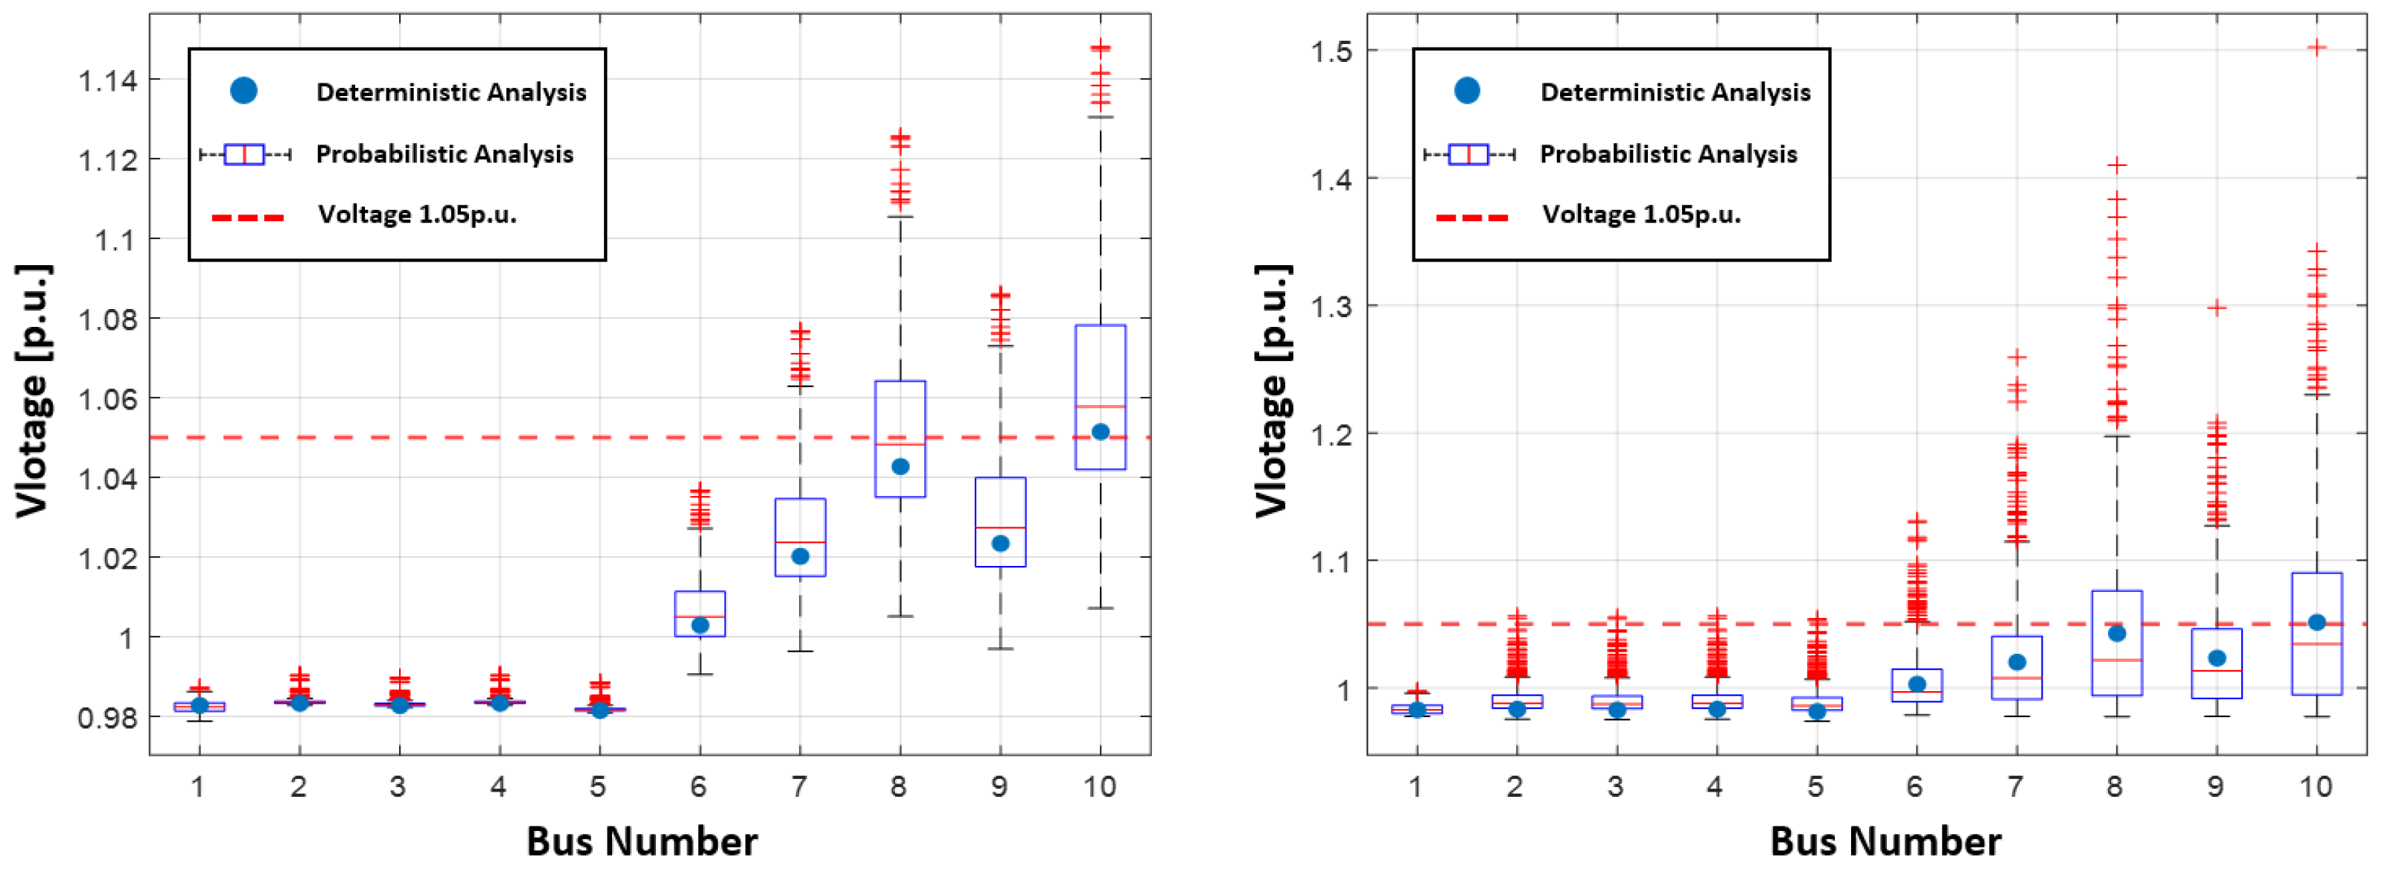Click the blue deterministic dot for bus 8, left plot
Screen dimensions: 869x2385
(x=899, y=466)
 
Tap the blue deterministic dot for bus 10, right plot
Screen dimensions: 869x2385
(x=2316, y=622)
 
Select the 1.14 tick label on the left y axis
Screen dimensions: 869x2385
(x=107, y=81)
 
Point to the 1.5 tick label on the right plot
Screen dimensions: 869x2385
(x=1331, y=52)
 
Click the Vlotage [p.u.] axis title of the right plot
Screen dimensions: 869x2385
(x=1272, y=390)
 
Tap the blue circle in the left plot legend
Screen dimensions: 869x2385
(x=243, y=91)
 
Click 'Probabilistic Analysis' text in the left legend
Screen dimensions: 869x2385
(x=445, y=153)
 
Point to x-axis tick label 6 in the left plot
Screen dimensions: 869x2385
(x=698, y=786)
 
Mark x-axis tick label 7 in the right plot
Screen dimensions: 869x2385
(x=2016, y=786)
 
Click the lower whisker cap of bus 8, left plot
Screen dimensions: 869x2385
(x=899, y=615)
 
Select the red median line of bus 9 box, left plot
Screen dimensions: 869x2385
(x=1000, y=527)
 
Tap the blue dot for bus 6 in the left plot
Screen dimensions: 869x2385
(x=700, y=626)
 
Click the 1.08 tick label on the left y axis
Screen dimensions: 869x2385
(x=107, y=320)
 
